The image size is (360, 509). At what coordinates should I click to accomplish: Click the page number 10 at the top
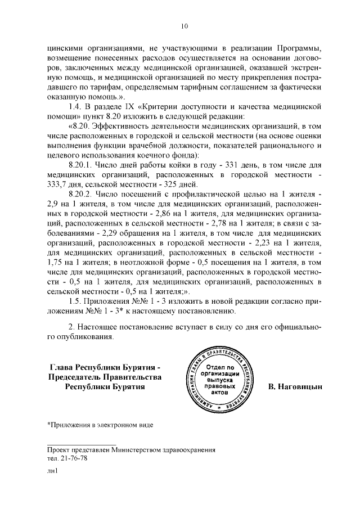[184, 25]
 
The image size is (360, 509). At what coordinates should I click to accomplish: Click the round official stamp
[217, 377]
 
